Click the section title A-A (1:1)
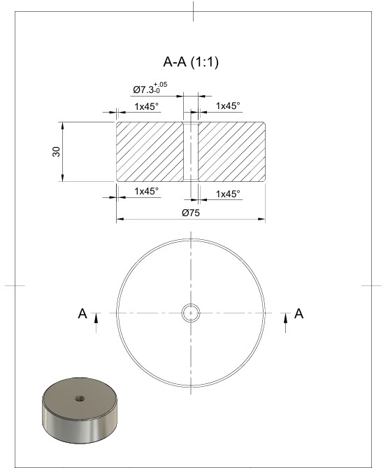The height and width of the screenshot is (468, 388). click(191, 62)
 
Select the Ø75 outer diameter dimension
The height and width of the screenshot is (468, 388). click(191, 213)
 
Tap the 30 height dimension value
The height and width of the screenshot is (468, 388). click(56, 152)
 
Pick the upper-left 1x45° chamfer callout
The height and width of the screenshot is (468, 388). click(146, 106)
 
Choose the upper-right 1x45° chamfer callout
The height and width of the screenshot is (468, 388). click(228, 106)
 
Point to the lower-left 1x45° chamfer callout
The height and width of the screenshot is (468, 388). click(146, 191)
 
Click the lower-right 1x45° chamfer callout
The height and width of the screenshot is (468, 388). click(228, 194)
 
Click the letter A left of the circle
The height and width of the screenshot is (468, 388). click(82, 313)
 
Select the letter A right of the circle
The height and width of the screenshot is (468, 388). click(299, 313)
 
